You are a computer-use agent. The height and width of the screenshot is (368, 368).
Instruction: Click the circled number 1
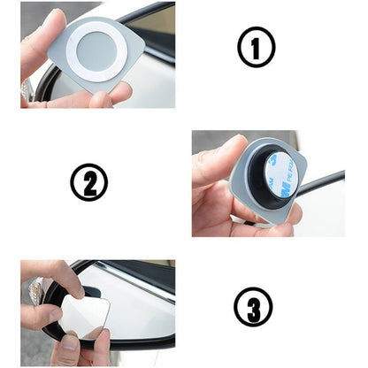coord(256,49)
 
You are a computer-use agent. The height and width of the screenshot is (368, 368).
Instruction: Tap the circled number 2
coord(88,182)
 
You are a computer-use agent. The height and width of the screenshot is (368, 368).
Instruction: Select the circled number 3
coord(252,308)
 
